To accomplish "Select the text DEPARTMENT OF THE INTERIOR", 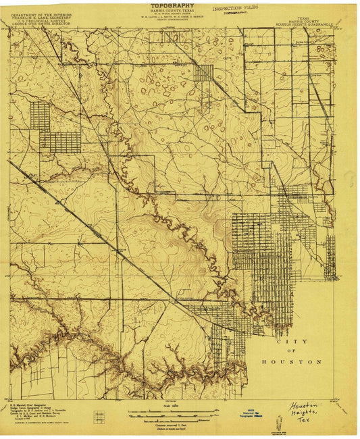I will click(40, 14).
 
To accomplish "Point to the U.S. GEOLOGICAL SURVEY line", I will click(40, 20).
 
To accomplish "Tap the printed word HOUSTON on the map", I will click(291, 362).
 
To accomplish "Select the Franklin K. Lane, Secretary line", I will click(40, 17).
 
